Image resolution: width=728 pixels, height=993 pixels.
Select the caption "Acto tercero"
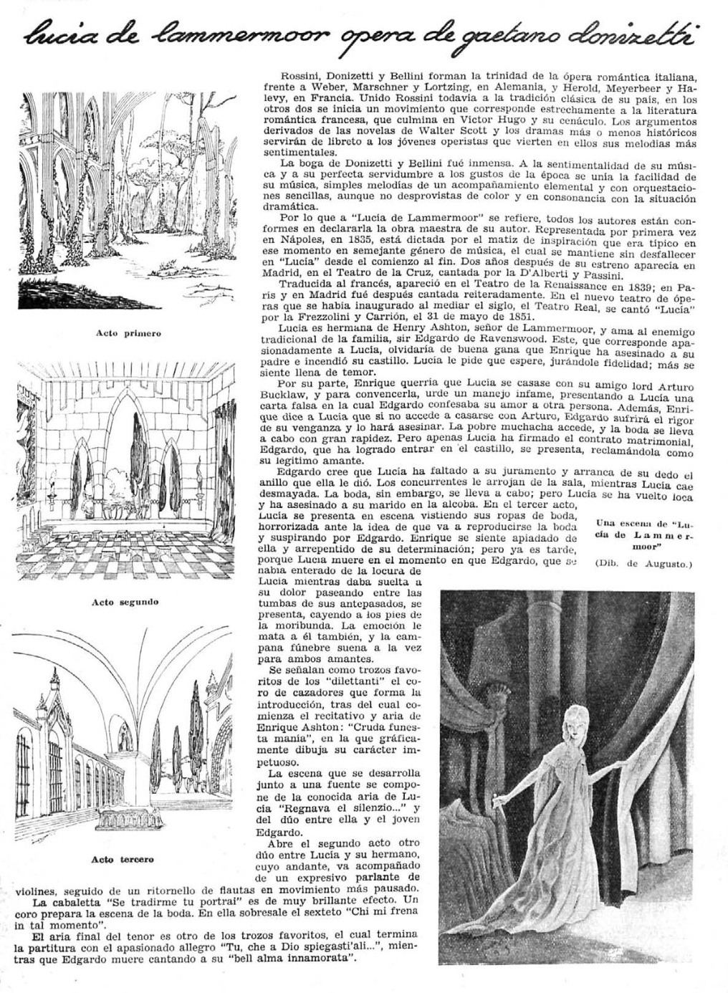point(123,859)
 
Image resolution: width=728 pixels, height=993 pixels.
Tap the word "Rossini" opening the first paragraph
point(300,75)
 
